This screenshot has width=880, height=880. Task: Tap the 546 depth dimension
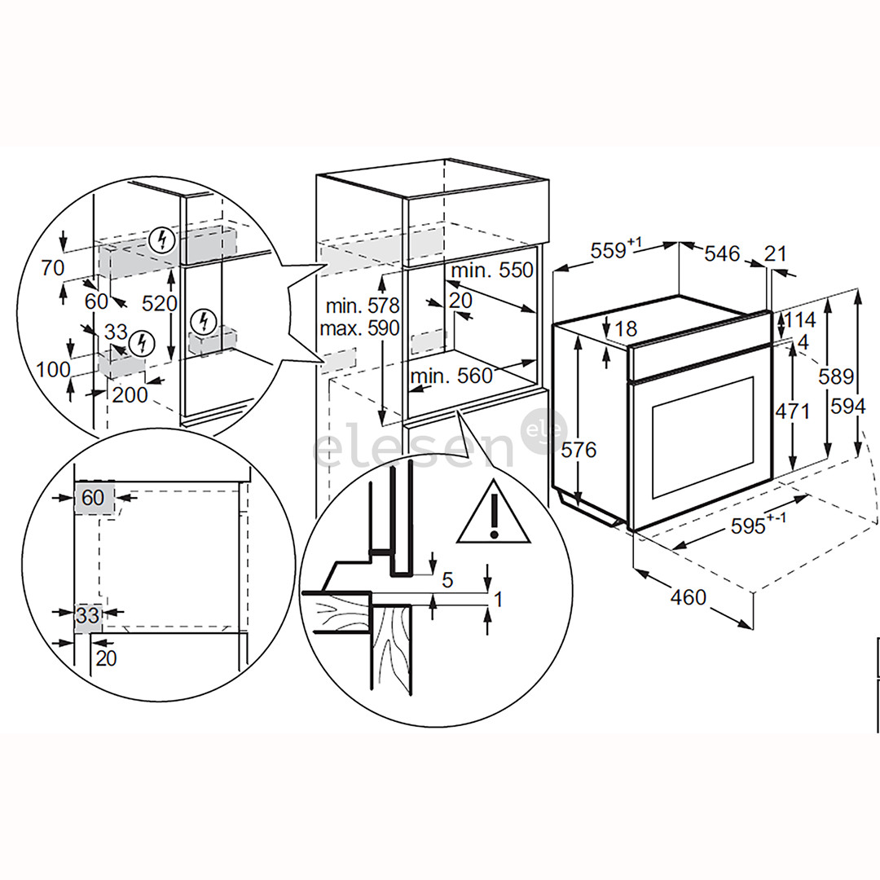(x=721, y=254)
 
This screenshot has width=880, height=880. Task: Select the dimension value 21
(x=777, y=254)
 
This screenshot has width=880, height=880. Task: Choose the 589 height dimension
(x=836, y=376)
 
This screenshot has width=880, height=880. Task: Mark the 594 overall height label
(x=848, y=405)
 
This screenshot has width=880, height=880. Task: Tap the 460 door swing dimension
(x=689, y=597)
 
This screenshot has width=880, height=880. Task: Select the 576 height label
(x=579, y=450)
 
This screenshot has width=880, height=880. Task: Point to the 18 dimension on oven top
(x=626, y=329)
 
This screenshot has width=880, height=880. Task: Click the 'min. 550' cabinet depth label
(x=493, y=271)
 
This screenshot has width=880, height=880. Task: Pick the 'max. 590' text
(x=360, y=328)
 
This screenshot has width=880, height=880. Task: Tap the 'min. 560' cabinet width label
(x=451, y=376)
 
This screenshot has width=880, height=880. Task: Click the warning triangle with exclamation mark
(x=493, y=514)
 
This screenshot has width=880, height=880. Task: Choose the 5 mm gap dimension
(x=447, y=580)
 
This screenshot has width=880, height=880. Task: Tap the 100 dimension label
(x=53, y=368)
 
